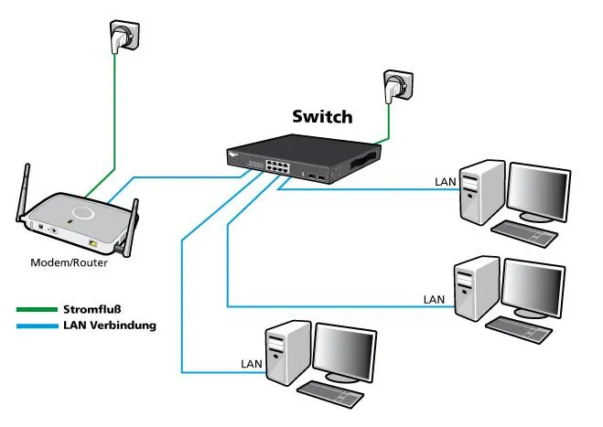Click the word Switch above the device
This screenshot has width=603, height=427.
pyautogui.click(x=321, y=117)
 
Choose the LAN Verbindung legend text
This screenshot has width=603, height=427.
pyautogui.click(x=110, y=325)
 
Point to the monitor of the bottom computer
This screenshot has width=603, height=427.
pyautogui.click(x=346, y=350)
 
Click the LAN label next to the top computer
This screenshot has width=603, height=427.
pyautogui.click(x=446, y=182)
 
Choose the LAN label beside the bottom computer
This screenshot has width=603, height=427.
pyautogui.click(x=253, y=364)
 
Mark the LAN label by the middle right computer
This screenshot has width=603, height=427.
pyautogui.click(x=435, y=299)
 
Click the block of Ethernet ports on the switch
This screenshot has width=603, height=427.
pyautogui.click(x=275, y=167)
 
